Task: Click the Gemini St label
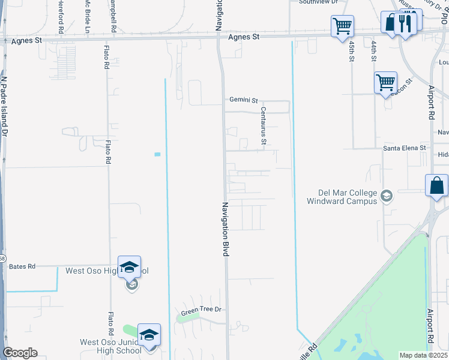pos(243,100)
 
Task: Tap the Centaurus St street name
pos(263,126)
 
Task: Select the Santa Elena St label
pos(405,148)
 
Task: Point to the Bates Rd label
pos(22,266)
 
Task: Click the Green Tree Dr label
pos(202,310)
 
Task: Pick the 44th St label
pos(373,51)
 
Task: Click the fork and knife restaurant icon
pos(407,23)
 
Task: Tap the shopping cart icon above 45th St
pos(342,26)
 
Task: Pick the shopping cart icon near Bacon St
pos(385,83)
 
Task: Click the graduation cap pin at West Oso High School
pos(129,267)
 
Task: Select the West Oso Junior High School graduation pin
pos(149,335)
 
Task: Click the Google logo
pos(20,353)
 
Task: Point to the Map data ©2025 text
pos(423,355)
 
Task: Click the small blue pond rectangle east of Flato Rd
pos(157,154)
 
